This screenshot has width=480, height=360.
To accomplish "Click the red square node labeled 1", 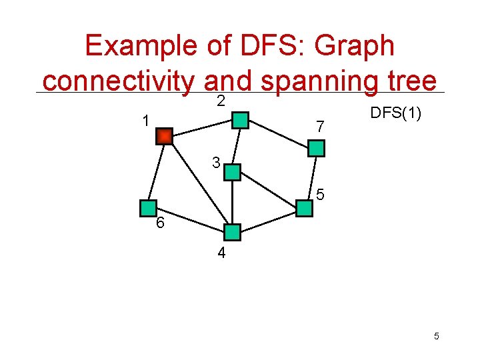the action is click(x=164, y=136).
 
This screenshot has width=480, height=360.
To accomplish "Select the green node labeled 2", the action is click(x=239, y=121).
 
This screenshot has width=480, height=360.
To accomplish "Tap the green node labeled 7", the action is click(x=315, y=148).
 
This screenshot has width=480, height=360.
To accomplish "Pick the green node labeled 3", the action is click(x=231, y=172).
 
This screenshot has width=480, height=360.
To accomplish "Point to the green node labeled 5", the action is click(x=304, y=208).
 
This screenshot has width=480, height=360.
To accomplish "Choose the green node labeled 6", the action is click(x=148, y=208).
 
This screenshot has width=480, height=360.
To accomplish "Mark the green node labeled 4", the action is click(x=232, y=232).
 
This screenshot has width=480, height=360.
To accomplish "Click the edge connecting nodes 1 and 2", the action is click(x=201, y=129).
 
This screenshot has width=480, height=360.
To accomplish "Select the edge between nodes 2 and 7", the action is click(x=277, y=135).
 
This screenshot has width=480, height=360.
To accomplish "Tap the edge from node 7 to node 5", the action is click(x=310, y=178).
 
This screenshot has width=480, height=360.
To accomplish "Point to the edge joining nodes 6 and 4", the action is click(x=190, y=220).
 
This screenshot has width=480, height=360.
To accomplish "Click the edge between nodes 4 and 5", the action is click(x=268, y=220).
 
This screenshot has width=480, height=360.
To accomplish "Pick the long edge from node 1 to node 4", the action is click(x=198, y=184).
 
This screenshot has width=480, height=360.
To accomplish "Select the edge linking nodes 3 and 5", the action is click(x=267, y=190).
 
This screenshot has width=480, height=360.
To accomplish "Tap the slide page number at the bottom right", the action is click(x=436, y=336).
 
